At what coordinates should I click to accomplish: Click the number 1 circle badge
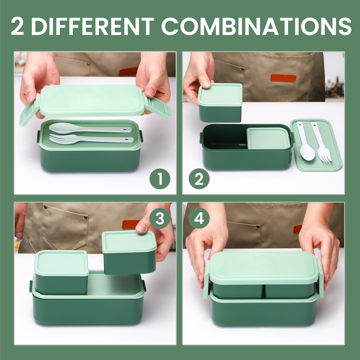160,179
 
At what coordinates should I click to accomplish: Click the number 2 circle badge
199,179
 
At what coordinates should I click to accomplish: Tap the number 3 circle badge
160,219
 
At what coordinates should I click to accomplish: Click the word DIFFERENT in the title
93,27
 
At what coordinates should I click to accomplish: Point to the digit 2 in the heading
17,27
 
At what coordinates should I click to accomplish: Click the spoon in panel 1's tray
89,128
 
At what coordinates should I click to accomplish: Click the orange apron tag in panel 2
283,78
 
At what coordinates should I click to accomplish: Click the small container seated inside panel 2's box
268,138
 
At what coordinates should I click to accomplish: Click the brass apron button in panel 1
89,64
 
